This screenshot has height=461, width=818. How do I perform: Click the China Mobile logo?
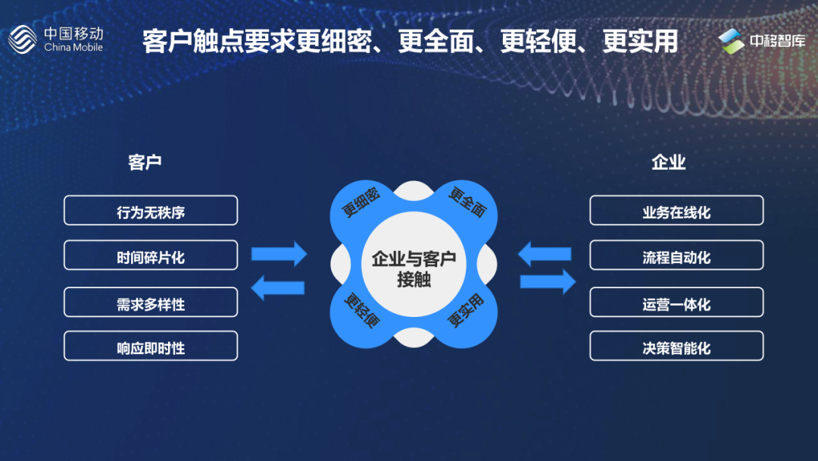point(55,39)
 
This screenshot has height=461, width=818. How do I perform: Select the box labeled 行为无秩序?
point(151,211)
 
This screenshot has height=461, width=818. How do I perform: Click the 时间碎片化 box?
point(151,256)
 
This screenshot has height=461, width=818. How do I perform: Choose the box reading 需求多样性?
point(151,303)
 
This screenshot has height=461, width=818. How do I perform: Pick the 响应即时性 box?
point(151,347)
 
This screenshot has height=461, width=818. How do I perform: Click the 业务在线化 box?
point(676,211)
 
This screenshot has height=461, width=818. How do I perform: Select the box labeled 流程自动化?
point(676,256)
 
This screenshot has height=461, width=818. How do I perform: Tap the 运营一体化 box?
point(676,303)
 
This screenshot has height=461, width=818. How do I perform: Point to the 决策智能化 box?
point(676,347)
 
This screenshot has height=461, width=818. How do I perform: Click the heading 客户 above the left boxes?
point(145,162)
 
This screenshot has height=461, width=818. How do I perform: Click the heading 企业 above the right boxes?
point(669,162)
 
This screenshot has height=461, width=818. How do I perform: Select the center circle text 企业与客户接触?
point(414,268)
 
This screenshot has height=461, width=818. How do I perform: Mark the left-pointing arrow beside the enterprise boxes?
point(545,252)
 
